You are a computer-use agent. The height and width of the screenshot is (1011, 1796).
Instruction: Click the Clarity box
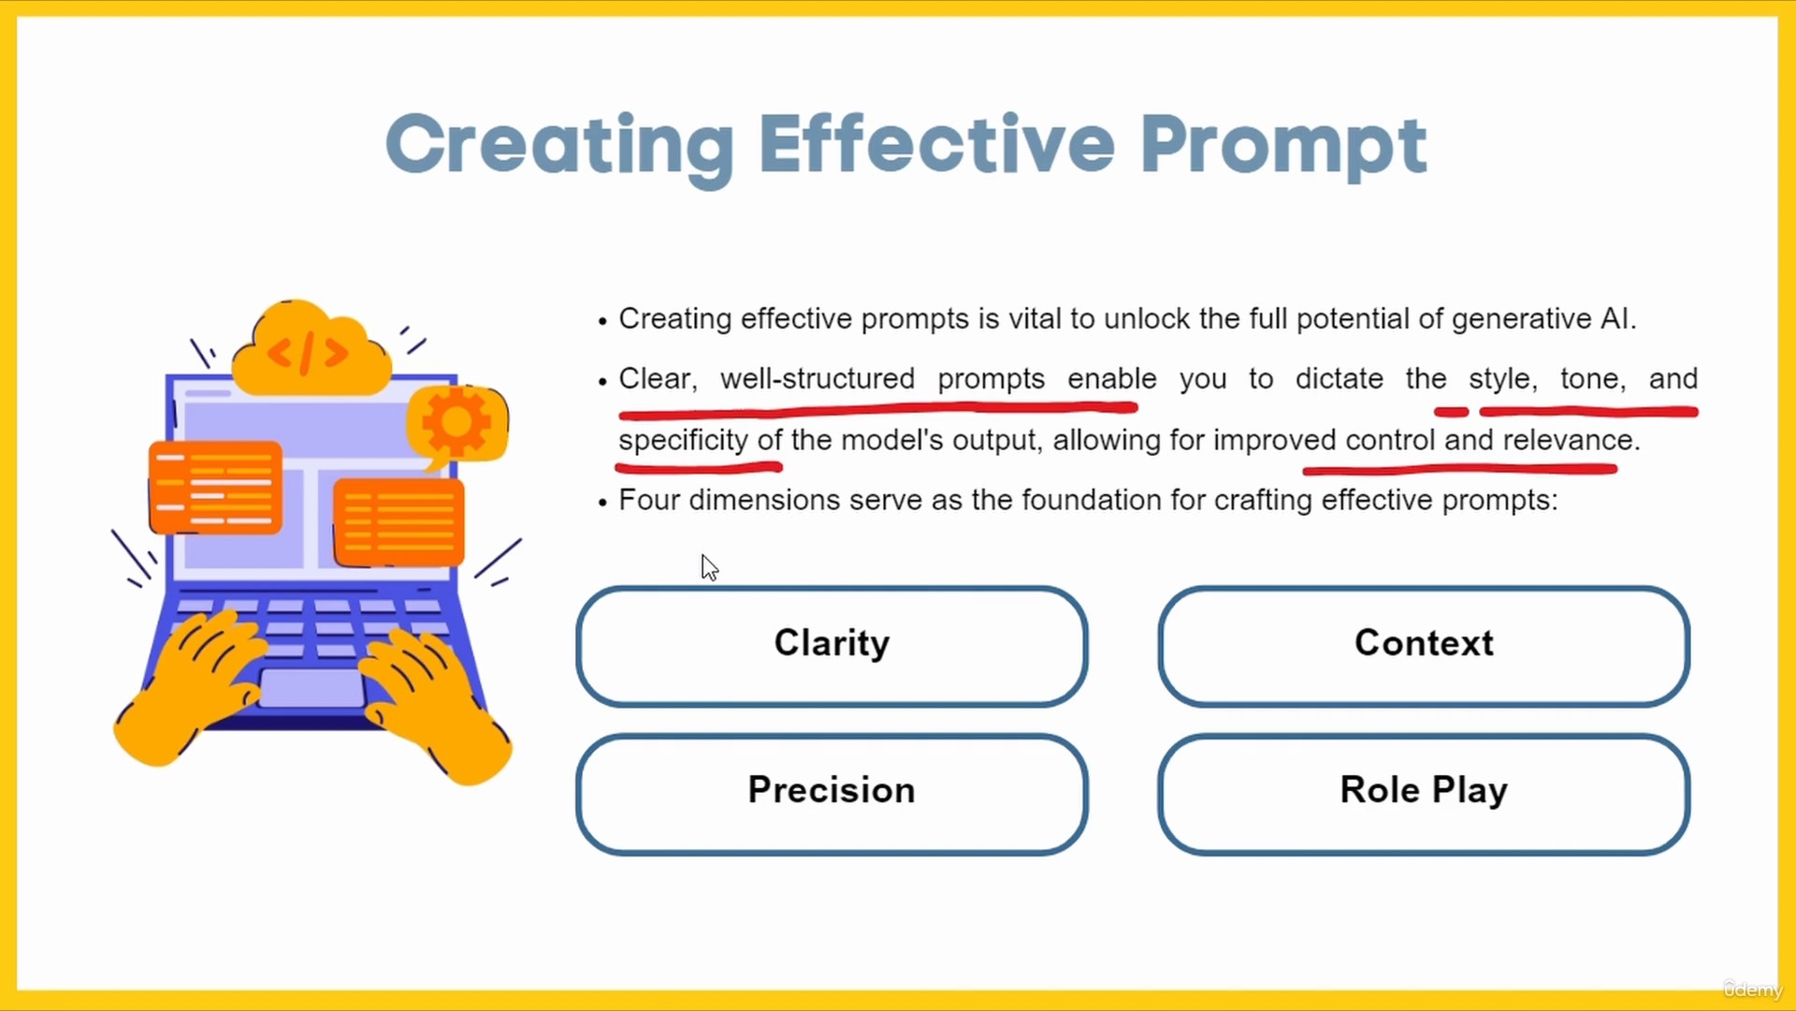[x=832, y=646]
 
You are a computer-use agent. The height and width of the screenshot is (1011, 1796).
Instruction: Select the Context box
[x=1424, y=646]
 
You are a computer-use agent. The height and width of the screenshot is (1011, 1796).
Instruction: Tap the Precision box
[x=832, y=794]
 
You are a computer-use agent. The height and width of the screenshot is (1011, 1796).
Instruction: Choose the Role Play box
[x=1424, y=794]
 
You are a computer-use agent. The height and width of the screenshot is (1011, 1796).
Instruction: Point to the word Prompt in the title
[x=1283, y=148]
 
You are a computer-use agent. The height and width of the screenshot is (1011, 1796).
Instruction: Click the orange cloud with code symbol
[x=311, y=348]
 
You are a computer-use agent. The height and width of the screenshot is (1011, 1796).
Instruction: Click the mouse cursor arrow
[x=710, y=567]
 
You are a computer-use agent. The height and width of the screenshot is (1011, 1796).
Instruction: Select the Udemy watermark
[x=1752, y=989]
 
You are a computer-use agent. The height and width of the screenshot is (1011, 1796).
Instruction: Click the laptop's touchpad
[x=312, y=688]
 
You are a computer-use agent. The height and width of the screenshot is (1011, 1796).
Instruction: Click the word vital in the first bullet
[x=1036, y=319]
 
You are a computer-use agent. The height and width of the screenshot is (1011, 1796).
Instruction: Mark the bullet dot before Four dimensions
[x=602, y=503]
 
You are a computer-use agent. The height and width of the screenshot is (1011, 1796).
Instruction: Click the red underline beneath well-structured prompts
[x=877, y=409]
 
